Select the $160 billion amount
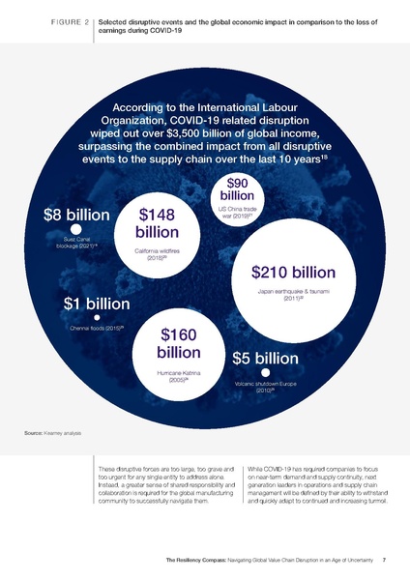tap(178, 342)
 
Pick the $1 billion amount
tap(97, 303)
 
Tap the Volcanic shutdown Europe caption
tap(267, 388)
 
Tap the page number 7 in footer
tap(385, 560)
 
